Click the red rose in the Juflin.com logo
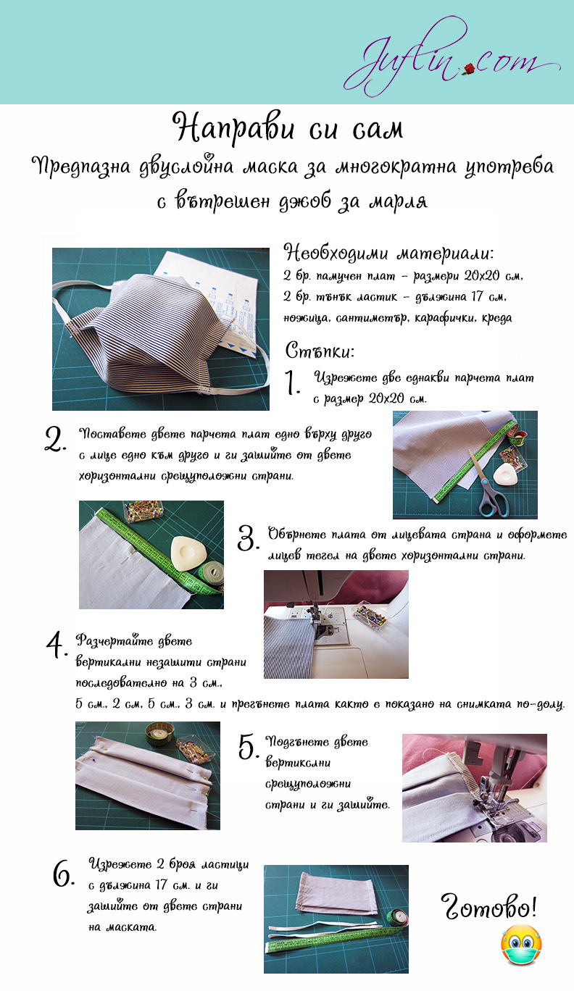click(469, 69)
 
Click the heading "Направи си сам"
click(288, 127)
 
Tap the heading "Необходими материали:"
click(388, 253)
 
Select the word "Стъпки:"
click(320, 351)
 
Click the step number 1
click(291, 382)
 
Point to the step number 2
click(55, 438)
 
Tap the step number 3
click(248, 538)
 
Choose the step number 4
click(57, 645)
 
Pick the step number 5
click(248, 746)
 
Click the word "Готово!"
click(488, 906)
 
